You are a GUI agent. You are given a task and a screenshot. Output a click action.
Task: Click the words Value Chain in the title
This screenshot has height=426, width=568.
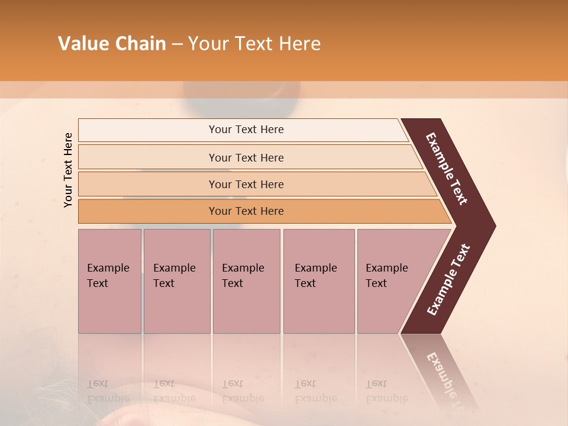pyautogui.click(x=112, y=44)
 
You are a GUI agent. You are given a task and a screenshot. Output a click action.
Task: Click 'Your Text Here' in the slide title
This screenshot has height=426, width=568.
pyautogui.click(x=254, y=44)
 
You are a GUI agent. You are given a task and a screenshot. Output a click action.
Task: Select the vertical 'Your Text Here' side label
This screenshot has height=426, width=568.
pyautogui.click(x=69, y=170)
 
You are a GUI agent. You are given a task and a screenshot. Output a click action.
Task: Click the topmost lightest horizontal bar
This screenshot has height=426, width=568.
pyautogui.click(x=246, y=130)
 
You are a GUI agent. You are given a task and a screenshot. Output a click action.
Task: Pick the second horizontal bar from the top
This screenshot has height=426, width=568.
pyautogui.click(x=246, y=157)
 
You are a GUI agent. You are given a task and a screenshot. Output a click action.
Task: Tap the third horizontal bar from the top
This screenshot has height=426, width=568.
pyautogui.click(x=246, y=184)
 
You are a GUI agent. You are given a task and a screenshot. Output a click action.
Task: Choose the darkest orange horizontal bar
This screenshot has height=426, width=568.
pyautogui.click(x=246, y=211)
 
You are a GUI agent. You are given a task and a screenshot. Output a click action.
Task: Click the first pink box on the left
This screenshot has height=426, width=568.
pyautogui.click(x=109, y=281)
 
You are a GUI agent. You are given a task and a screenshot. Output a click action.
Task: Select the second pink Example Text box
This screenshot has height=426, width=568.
pyautogui.click(x=176, y=281)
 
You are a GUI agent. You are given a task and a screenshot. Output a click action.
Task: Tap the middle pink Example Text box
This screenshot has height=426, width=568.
pyautogui.click(x=246, y=281)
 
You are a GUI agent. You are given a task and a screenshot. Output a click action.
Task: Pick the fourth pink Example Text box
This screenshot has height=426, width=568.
pyautogui.click(x=318, y=281)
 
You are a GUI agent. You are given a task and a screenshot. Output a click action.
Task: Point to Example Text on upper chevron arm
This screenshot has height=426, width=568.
pyautogui.click(x=447, y=169)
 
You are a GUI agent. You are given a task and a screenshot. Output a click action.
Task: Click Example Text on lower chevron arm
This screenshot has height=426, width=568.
pyautogui.click(x=448, y=279)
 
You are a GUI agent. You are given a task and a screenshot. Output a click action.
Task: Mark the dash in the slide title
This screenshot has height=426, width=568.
pyautogui.click(x=177, y=44)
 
